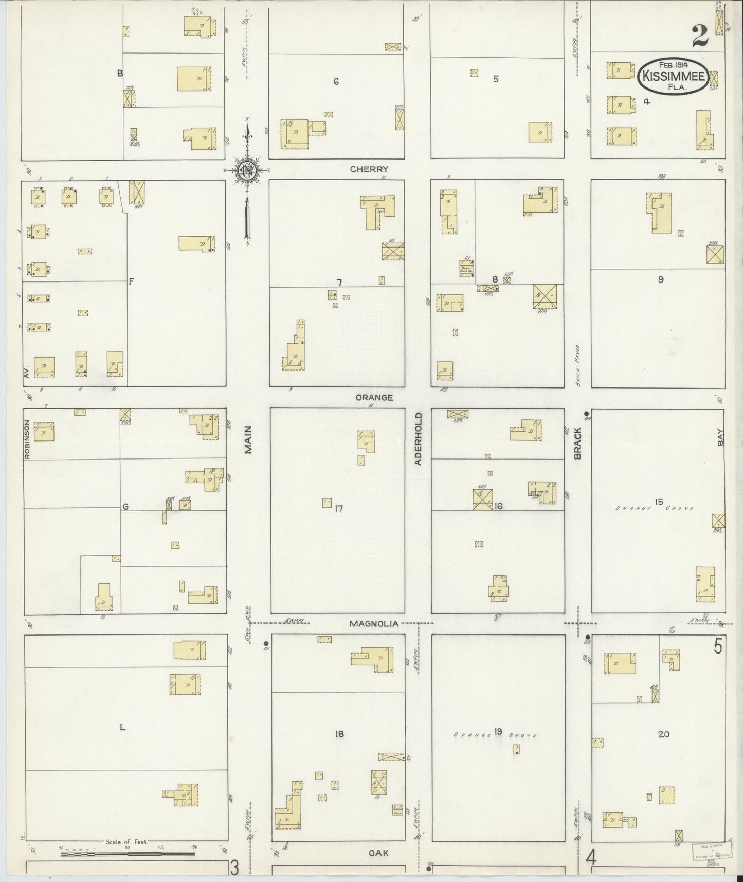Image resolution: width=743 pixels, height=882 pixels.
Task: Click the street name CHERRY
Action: click(x=369, y=169)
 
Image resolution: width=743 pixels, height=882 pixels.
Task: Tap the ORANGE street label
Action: click(x=374, y=397)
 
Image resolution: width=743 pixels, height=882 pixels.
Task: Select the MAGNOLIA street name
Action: click(x=374, y=624)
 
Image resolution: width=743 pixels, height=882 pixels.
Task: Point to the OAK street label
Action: click(x=378, y=853)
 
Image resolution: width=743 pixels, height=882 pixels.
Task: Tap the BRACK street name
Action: click(x=577, y=443)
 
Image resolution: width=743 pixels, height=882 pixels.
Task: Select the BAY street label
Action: click(x=720, y=439)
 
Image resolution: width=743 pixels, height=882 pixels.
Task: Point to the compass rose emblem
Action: click(x=247, y=171)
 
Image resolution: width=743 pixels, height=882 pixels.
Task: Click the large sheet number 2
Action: click(x=700, y=37)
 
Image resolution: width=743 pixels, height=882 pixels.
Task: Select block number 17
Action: click(x=338, y=509)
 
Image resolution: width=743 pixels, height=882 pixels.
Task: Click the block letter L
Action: click(x=122, y=727)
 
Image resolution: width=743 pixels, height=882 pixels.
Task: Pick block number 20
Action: click(x=663, y=734)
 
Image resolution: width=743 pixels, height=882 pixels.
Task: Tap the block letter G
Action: click(x=124, y=507)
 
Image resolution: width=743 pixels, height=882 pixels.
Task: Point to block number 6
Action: click(x=336, y=81)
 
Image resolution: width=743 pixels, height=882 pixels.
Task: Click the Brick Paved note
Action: click(x=577, y=365)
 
